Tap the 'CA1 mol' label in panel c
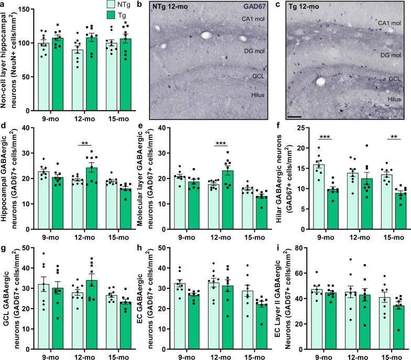(390, 24)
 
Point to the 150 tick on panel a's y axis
(26, 10)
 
